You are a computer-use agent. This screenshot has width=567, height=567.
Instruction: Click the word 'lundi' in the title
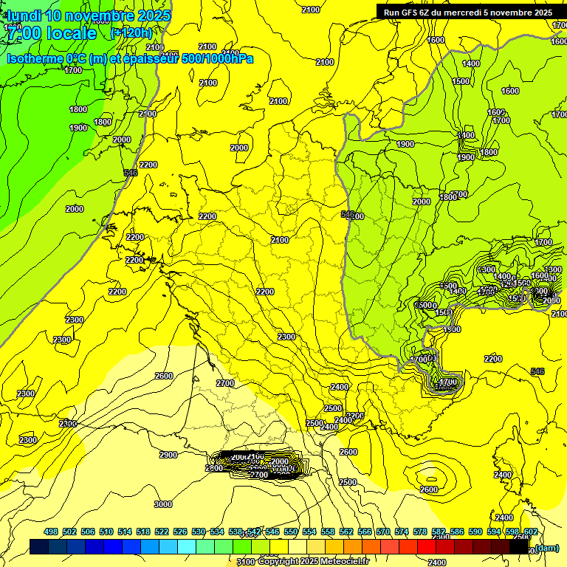tap(23, 15)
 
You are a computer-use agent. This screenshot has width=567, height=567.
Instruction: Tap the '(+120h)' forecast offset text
tap(131, 32)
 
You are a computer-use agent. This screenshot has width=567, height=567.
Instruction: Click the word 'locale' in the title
tap(71, 33)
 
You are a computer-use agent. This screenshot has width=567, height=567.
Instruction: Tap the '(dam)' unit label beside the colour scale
tap(546, 547)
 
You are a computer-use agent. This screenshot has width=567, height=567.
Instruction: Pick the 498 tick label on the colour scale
tap(51, 532)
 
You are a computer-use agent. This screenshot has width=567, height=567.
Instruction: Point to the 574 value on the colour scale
tap(402, 532)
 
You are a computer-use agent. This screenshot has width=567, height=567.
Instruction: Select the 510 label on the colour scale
tap(106, 532)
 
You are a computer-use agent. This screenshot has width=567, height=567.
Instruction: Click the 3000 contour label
tap(163, 504)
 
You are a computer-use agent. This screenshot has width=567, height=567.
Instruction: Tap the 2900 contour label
tap(168, 455)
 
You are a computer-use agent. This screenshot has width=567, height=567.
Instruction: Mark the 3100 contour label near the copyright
tap(247, 562)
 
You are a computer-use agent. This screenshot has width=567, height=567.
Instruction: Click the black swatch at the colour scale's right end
tap(519, 547)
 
